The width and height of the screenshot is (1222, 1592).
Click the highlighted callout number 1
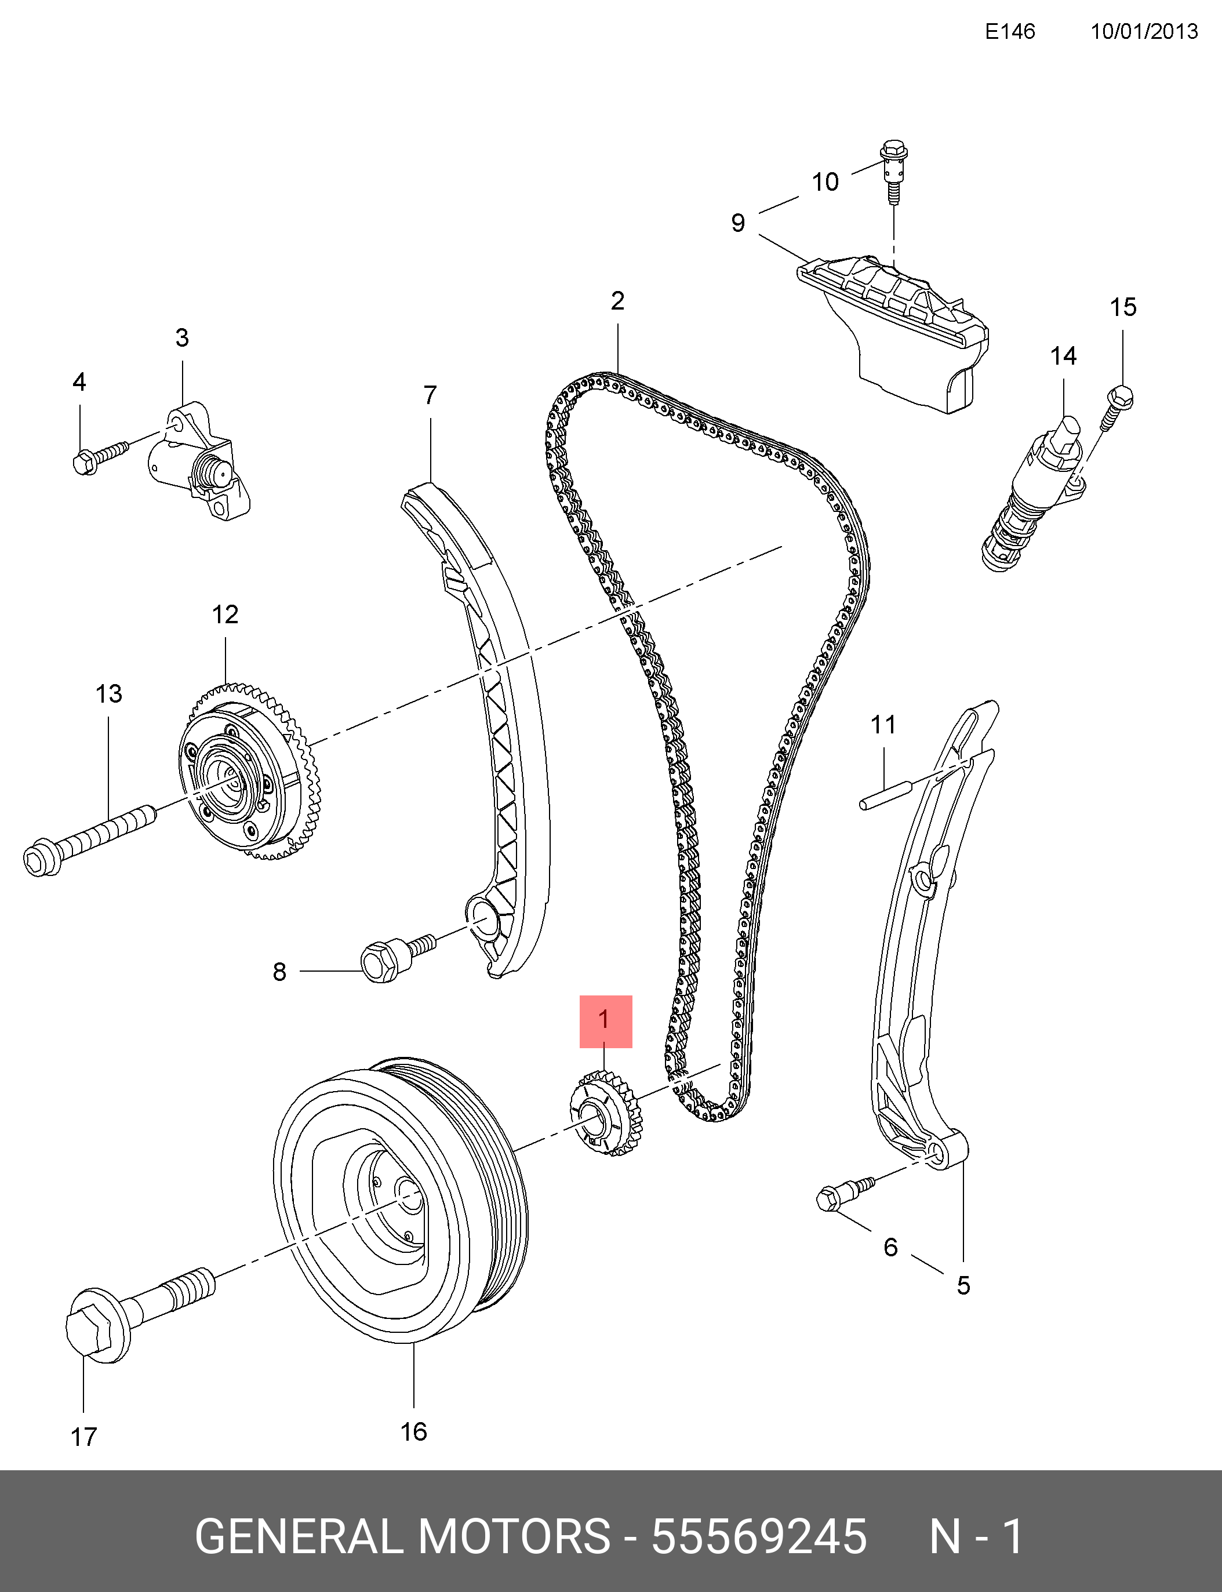[605, 1020]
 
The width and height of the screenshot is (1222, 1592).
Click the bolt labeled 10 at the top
[893, 170]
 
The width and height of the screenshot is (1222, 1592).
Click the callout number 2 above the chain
[617, 301]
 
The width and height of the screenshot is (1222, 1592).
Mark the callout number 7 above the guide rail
[430, 395]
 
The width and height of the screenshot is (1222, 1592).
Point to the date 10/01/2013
[1143, 31]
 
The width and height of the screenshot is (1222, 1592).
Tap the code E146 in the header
[1010, 31]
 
